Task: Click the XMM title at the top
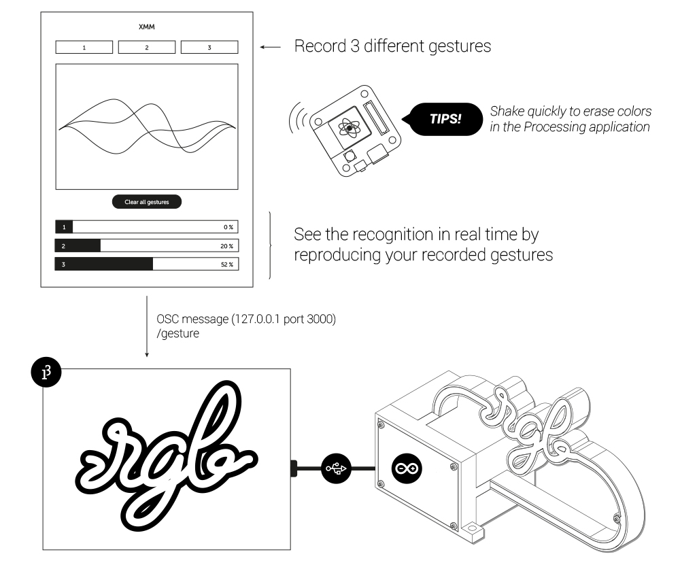(x=146, y=27)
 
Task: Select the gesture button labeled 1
(x=84, y=48)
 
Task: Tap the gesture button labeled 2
(x=146, y=48)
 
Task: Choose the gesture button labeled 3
(x=209, y=48)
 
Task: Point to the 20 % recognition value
(x=227, y=245)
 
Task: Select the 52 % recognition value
(x=227, y=264)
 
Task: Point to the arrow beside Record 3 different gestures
(x=271, y=48)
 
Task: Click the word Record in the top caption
(x=315, y=48)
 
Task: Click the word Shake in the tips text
(x=505, y=111)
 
